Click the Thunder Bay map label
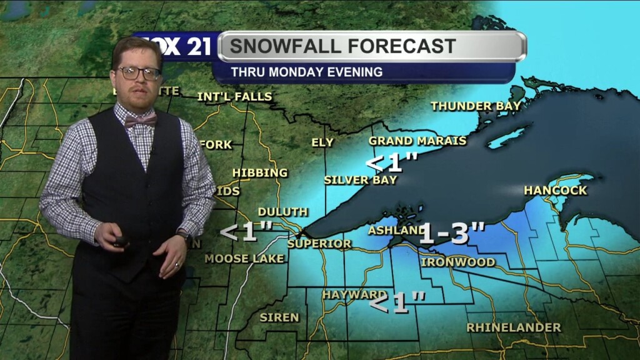point(476,106)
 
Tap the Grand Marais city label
point(417,141)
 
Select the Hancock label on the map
point(556,190)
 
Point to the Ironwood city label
point(458,262)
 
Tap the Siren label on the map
point(279,317)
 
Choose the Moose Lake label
point(244,258)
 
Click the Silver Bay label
point(361,180)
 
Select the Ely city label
point(322,142)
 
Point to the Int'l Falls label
point(234,97)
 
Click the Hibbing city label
point(260,172)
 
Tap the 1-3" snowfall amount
point(452,233)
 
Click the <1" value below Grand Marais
point(391,162)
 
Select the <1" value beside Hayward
point(397,304)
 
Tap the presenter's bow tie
point(140,121)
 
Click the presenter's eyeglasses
point(139,73)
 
